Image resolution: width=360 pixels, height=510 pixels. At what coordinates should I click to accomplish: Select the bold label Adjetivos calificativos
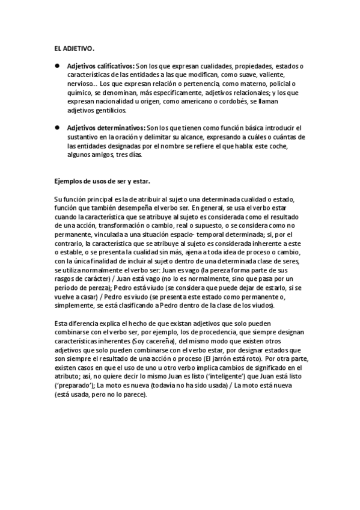(101, 66)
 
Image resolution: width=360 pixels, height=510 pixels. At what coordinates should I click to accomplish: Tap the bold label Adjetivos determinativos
(106, 128)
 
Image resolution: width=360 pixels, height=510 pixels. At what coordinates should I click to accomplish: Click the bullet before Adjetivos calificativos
(57, 66)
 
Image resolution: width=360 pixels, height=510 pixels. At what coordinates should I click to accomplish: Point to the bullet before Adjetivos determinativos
(57, 128)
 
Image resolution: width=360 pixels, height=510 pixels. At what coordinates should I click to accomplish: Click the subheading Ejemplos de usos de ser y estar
(102, 181)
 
